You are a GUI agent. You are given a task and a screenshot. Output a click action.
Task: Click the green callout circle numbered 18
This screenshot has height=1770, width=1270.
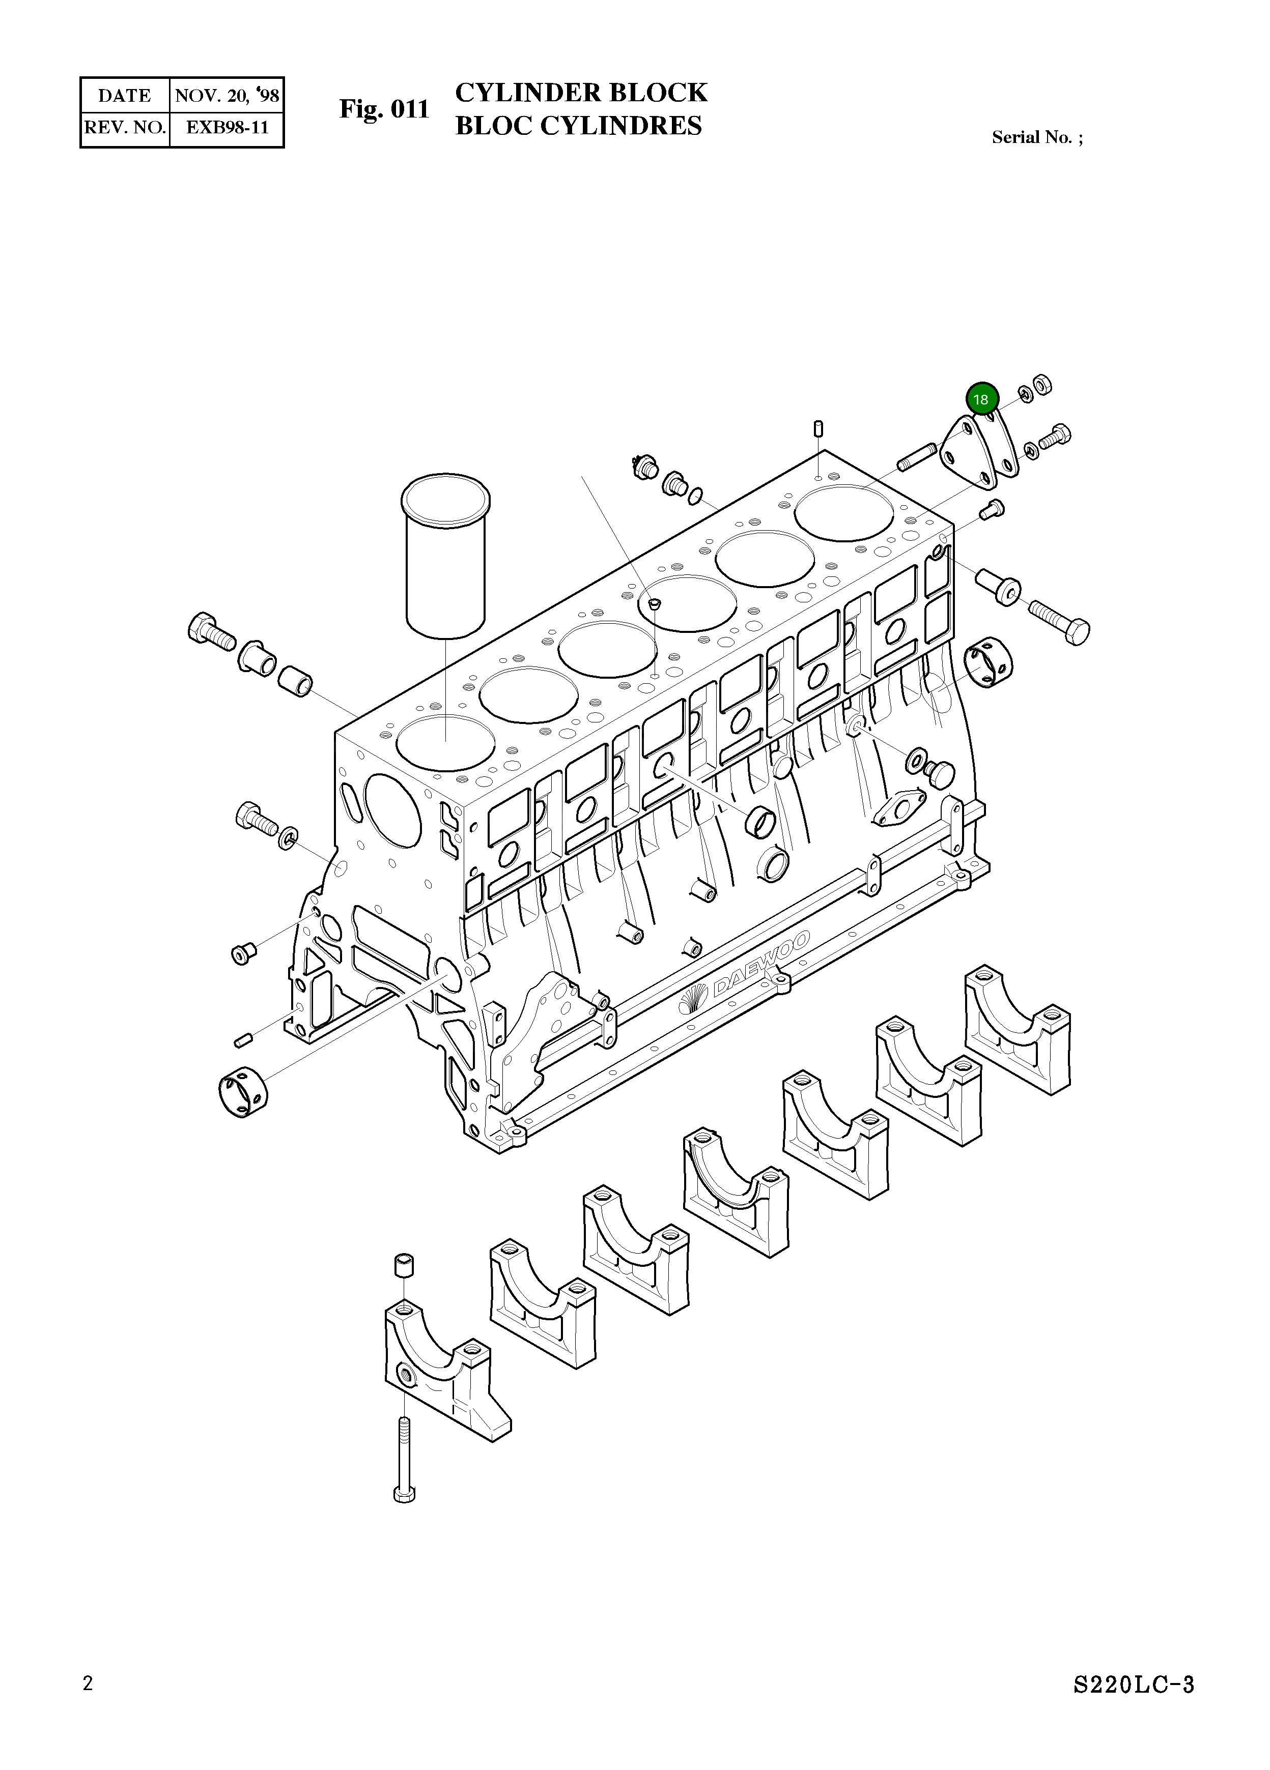pyautogui.click(x=981, y=399)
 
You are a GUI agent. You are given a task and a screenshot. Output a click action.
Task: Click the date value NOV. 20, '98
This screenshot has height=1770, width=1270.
pyautogui.click(x=227, y=96)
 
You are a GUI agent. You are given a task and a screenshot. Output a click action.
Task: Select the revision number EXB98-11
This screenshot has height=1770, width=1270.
pyautogui.click(x=227, y=127)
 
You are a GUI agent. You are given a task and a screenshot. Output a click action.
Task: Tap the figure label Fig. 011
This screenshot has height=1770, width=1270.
pyautogui.click(x=384, y=109)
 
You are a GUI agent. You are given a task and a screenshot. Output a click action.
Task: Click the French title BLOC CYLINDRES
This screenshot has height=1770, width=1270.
pyautogui.click(x=578, y=126)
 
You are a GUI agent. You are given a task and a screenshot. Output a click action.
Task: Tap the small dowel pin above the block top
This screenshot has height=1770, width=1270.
pyautogui.click(x=818, y=428)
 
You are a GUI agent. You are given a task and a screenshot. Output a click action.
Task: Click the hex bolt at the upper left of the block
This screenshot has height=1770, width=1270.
pyautogui.click(x=211, y=630)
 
